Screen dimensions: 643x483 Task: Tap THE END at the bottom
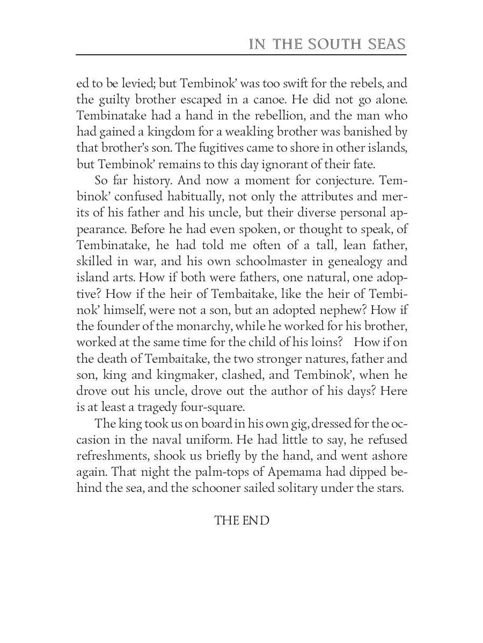click(x=241, y=520)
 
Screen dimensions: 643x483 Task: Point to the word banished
click(x=366, y=131)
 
